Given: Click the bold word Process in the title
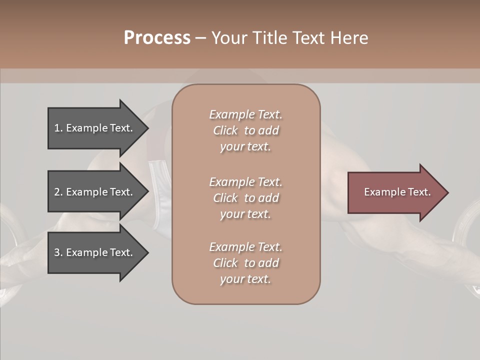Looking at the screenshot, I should tap(157, 38).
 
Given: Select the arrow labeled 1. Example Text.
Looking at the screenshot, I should tap(95, 128).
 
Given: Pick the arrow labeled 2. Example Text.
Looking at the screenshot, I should tap(95, 192).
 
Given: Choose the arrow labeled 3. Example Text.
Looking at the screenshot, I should tap(95, 252).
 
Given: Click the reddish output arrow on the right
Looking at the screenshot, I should tap(395, 192).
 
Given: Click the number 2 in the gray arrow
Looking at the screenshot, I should tap(57, 192).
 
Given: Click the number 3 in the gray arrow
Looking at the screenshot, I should tap(57, 252).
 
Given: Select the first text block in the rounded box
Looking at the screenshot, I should tap(245, 130).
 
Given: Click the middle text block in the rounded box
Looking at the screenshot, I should tap(245, 197).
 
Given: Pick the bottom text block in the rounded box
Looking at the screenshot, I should tap(245, 263).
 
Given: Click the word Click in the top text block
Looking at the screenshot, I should tap(225, 130).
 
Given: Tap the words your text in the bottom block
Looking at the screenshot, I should tap(245, 279).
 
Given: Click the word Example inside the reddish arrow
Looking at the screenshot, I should tap(380, 192).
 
